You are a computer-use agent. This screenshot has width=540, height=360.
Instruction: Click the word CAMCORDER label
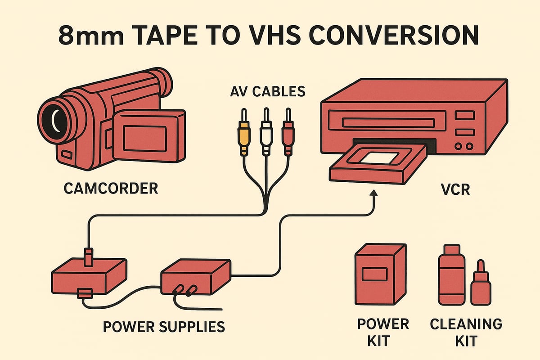click(111, 188)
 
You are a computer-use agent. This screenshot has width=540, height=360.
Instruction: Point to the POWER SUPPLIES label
click(164, 326)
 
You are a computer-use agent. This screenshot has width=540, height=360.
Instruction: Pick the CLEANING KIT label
click(466, 332)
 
